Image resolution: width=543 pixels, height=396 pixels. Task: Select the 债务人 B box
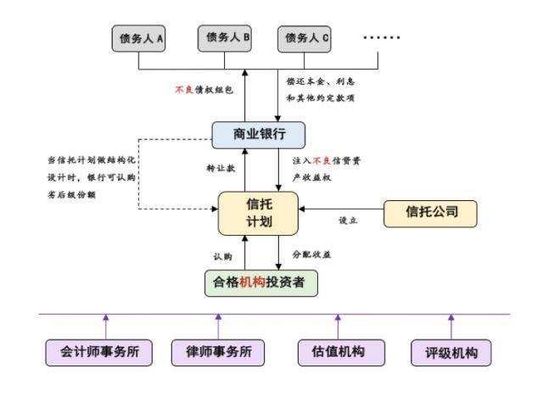224,36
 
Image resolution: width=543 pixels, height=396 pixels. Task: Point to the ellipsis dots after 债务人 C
381,38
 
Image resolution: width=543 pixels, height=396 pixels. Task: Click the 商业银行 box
258,135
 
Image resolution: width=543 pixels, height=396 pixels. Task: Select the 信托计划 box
259,212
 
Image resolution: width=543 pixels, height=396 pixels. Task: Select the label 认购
222,254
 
